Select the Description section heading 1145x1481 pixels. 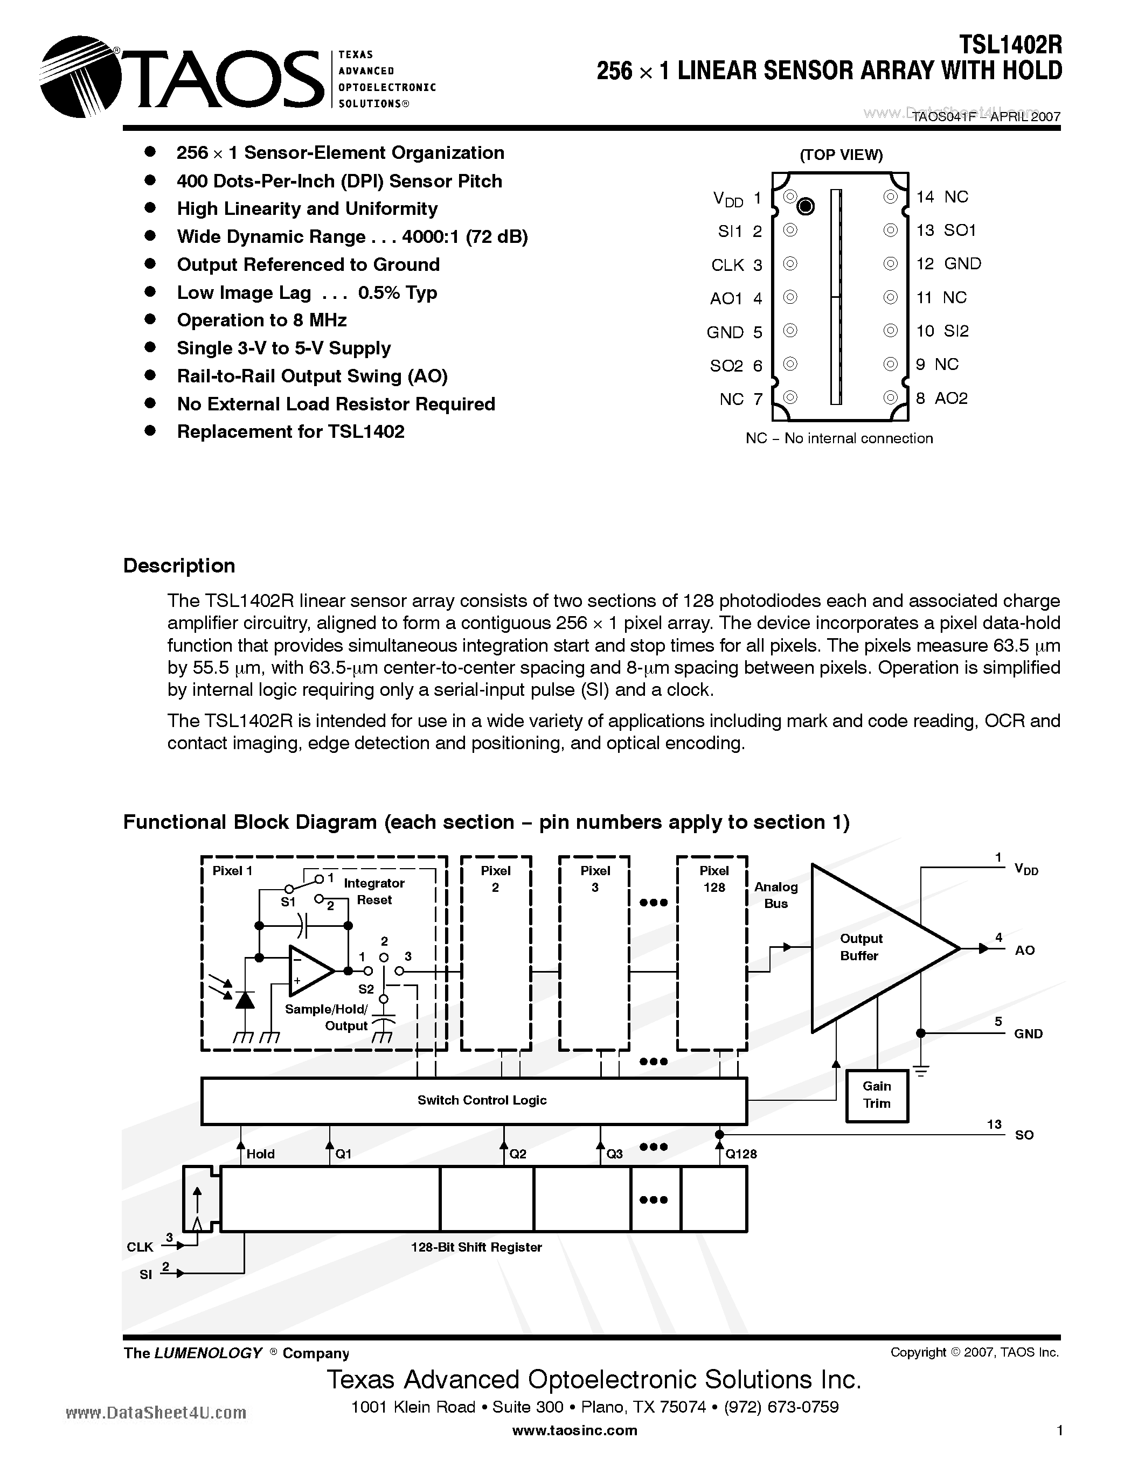(179, 565)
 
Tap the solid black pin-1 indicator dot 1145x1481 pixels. (805, 206)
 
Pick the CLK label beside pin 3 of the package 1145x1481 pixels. (727, 265)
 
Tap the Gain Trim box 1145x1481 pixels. (876, 1094)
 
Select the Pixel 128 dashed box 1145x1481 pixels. (712, 953)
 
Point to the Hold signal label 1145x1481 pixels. (260, 1154)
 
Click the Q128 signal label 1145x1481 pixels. (741, 1154)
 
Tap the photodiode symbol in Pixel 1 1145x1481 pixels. (244, 999)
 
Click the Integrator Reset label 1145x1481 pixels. (374, 892)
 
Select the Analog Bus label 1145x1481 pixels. (776, 895)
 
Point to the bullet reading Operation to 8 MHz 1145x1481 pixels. (261, 320)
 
